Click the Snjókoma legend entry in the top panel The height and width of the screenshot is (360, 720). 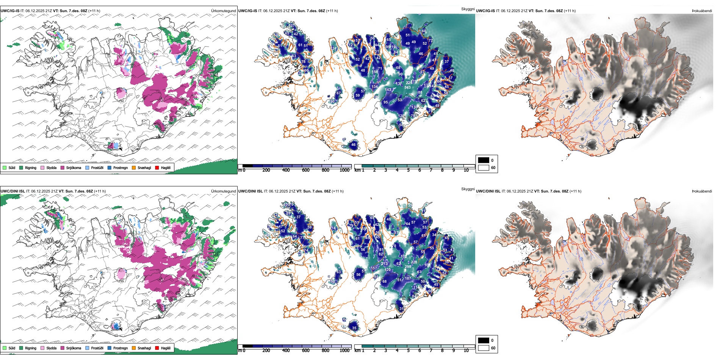point(73,167)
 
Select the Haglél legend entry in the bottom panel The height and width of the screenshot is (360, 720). point(165,348)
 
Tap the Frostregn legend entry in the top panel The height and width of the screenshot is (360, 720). point(120,167)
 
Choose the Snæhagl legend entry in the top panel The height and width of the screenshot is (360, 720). point(144,167)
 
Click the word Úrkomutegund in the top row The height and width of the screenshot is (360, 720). point(223,11)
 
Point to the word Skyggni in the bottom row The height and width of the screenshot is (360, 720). point(468,189)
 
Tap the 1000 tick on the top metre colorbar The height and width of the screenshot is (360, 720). point(344,170)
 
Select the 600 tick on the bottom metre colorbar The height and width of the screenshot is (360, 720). point(306,351)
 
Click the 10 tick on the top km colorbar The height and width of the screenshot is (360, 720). point(466,170)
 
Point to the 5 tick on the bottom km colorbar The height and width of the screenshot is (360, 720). point(409,351)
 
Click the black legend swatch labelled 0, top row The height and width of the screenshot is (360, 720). point(484,160)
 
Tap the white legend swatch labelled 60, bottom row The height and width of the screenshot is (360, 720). point(484,348)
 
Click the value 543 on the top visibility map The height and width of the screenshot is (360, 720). point(407,88)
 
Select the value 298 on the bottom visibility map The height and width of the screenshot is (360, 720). point(408,267)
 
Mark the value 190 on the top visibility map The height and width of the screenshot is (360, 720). point(332,102)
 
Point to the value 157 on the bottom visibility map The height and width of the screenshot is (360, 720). point(374,268)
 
